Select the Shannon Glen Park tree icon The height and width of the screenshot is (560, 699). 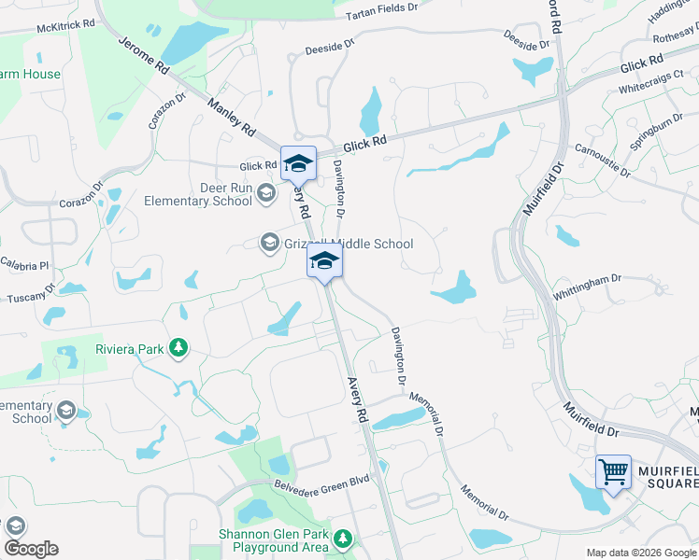344,539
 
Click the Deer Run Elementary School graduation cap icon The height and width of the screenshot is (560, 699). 265,193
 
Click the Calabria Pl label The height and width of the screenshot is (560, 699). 22,264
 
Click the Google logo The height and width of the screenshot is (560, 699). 31,549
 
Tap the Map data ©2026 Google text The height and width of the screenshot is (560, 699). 640,553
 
